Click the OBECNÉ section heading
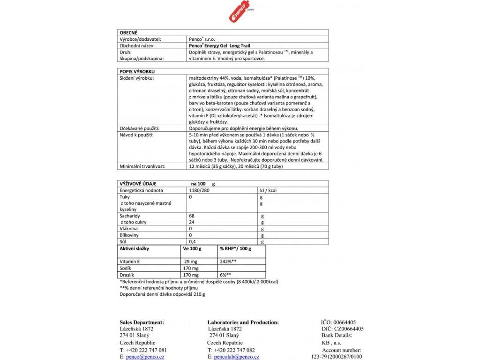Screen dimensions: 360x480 point(128,33)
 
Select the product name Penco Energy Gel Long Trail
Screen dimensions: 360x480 point(219,46)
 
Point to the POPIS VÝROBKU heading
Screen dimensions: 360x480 point(136,71)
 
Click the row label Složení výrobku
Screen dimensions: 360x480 point(137,78)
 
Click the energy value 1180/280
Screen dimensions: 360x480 point(198,191)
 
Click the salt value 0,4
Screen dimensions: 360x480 point(192,241)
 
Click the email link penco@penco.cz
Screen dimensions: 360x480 point(144,357)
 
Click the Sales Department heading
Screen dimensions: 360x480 point(142,322)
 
